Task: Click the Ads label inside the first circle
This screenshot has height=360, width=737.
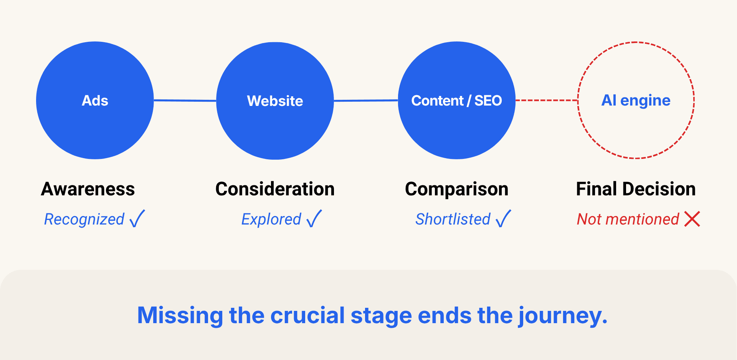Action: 95,101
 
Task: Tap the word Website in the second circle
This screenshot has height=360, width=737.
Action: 275,101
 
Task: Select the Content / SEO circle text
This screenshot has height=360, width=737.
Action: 456,101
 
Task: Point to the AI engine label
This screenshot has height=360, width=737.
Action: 636,101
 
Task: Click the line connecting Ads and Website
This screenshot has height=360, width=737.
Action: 185,101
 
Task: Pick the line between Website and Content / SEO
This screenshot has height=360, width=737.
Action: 366,101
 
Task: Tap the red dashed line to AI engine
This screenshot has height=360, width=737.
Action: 547,101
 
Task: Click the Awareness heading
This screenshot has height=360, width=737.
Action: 88,189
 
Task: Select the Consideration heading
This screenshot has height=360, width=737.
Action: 275,189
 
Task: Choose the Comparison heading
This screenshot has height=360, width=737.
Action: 456,189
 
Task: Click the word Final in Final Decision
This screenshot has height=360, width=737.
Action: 597,189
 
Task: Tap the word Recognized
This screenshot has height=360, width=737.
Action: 84,220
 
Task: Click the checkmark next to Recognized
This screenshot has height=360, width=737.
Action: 137,219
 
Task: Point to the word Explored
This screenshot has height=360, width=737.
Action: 271,220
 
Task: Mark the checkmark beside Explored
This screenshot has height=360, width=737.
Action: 314,219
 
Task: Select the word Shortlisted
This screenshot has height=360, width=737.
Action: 453,219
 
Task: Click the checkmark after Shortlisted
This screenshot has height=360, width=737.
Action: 503,219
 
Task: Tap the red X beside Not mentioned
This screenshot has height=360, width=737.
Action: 692,219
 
